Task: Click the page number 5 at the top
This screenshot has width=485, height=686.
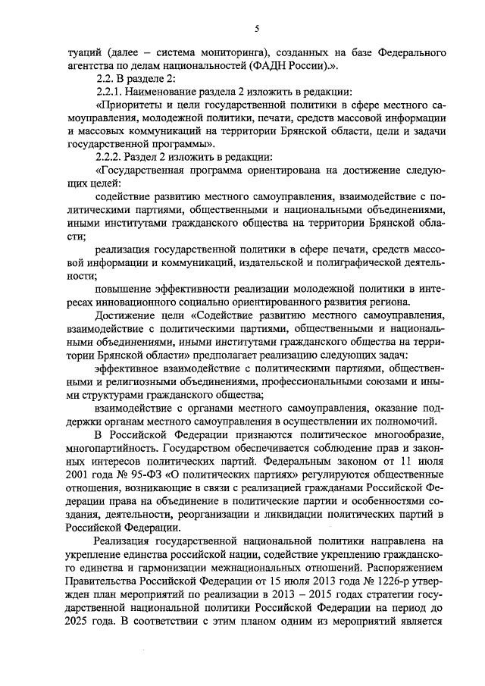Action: point(257,30)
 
